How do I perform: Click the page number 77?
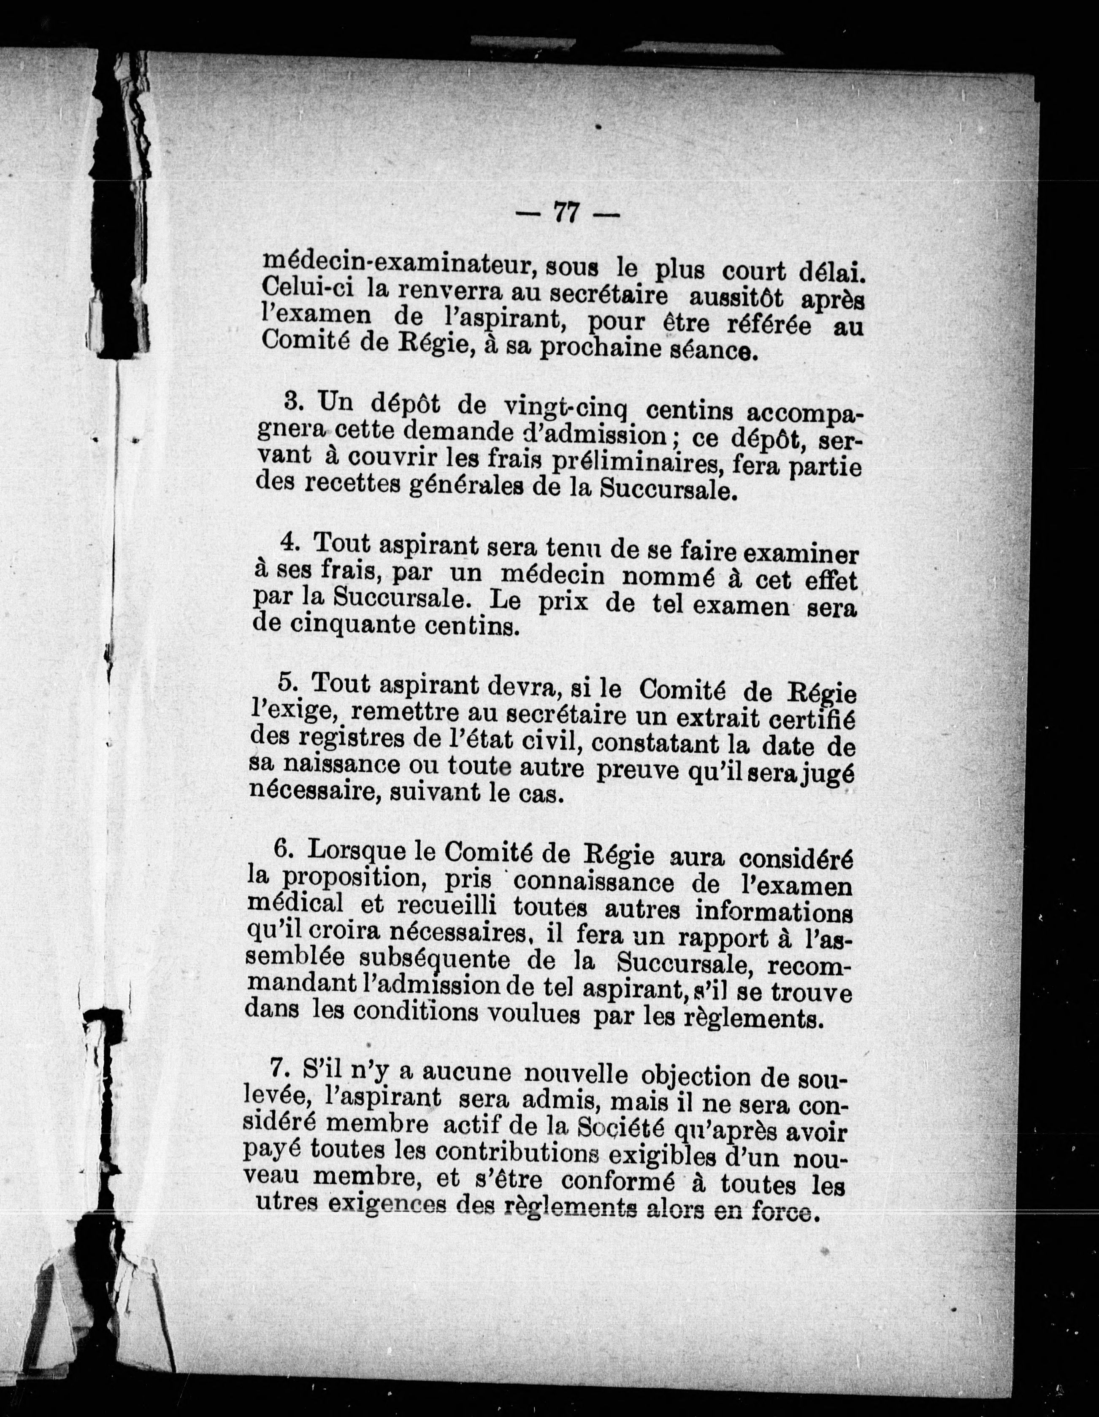pos(566,212)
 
